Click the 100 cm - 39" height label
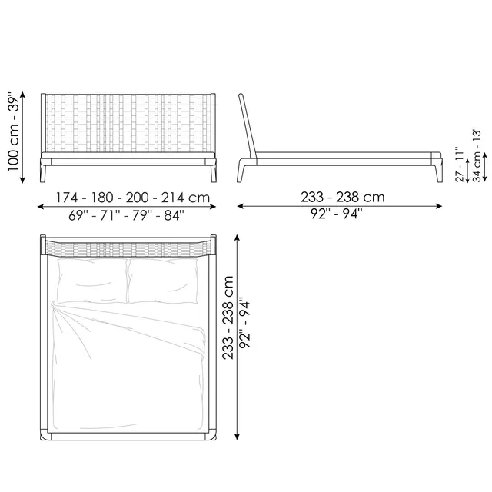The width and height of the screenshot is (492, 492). tap(14, 131)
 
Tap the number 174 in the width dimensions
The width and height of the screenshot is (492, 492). tap(67, 198)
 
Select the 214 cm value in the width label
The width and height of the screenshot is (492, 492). tap(185, 198)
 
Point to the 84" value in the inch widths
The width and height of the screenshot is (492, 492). tap(175, 215)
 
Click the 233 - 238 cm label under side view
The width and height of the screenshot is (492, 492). tap(343, 197)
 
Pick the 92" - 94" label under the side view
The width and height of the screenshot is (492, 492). tap(337, 214)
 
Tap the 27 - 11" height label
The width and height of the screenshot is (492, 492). tap(460, 164)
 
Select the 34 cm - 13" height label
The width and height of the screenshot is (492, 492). tap(477, 155)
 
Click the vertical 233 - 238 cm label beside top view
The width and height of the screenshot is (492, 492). tap(228, 317)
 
